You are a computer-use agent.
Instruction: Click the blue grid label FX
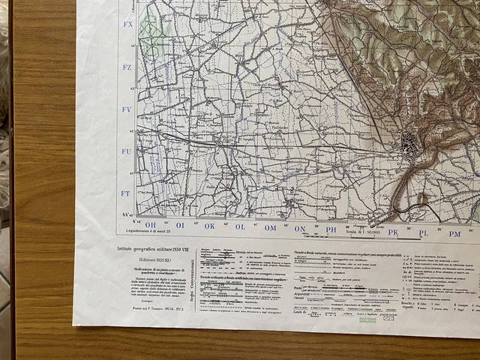127,25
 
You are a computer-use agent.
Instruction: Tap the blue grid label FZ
127,67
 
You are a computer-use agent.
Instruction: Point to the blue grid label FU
127,151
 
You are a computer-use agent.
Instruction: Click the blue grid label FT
126,193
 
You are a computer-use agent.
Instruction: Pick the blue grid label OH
150,224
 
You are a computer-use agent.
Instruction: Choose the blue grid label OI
180,225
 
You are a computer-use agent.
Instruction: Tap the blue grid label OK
210,226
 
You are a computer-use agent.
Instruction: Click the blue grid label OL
240,226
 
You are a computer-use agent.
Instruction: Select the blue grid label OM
270,227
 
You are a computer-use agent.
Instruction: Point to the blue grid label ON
300,228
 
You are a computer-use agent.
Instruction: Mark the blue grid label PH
331,229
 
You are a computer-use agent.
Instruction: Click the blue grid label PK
393,232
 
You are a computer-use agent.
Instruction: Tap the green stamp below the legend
367,319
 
